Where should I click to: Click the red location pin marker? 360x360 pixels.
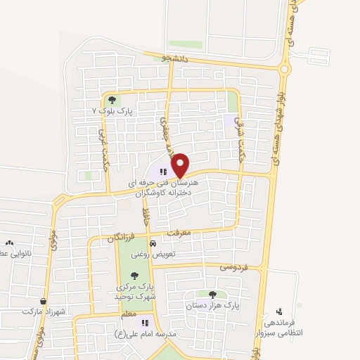click(181, 165)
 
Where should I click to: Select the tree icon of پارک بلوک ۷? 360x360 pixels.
click(110, 101)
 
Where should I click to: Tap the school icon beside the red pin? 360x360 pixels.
click(162, 171)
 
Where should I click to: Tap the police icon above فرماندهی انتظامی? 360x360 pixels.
click(280, 311)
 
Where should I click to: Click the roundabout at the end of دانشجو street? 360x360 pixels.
click(285, 68)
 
